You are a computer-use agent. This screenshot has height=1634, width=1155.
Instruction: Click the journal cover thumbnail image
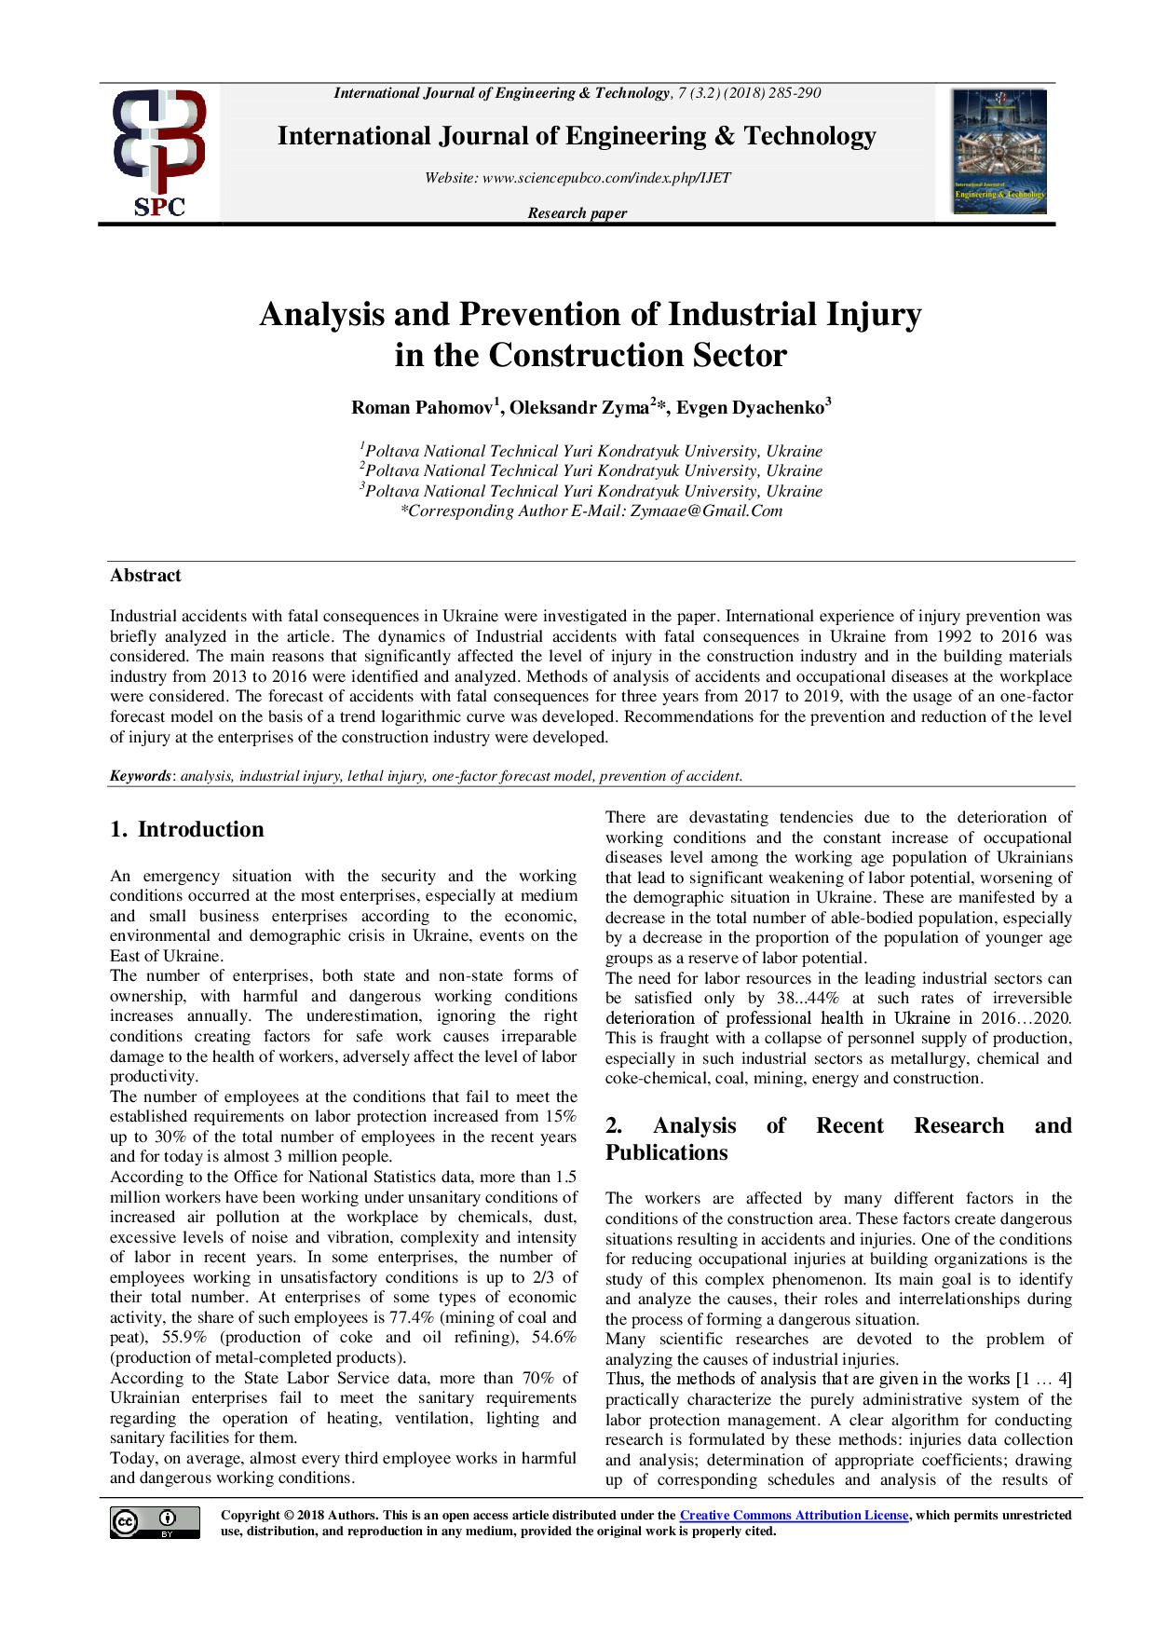999,152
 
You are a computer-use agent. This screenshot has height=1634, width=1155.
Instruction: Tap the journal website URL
606,178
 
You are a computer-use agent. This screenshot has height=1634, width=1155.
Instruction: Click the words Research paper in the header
577,213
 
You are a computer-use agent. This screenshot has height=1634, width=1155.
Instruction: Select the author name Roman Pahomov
422,408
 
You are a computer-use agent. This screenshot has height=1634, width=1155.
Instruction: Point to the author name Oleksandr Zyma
578,408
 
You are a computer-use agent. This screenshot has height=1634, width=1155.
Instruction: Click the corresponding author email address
706,511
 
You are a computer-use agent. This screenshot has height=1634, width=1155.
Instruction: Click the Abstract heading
145,576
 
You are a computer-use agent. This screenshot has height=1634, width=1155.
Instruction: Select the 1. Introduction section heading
187,829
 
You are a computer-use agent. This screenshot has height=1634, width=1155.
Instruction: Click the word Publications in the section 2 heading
666,1152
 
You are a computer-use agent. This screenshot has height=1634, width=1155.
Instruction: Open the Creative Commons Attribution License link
794,1516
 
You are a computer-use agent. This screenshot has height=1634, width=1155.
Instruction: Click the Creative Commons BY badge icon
155,1522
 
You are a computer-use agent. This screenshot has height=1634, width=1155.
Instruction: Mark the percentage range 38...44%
808,999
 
